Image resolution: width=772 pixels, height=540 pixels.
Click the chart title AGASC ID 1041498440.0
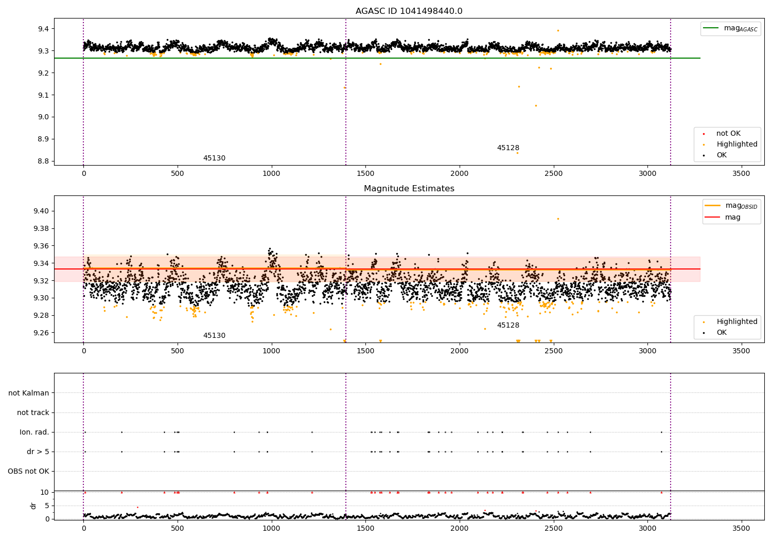(x=409, y=11)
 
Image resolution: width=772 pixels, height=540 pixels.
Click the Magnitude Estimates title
(x=409, y=189)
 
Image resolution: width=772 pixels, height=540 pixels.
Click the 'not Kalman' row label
(x=29, y=393)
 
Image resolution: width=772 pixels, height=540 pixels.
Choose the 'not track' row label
(x=33, y=413)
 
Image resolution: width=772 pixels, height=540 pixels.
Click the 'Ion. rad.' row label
(x=34, y=433)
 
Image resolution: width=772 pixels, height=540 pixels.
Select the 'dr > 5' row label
(x=38, y=452)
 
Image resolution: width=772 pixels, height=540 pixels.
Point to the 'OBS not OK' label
(x=28, y=472)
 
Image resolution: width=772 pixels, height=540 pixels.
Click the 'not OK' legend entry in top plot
(x=728, y=134)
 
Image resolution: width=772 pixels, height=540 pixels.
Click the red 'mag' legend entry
(x=732, y=218)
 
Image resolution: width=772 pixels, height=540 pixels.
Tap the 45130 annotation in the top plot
(x=214, y=158)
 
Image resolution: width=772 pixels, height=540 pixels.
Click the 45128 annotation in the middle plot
(x=508, y=326)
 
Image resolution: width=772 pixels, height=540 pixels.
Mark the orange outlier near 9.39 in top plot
(x=558, y=30)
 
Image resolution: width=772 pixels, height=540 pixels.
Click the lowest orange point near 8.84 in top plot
(x=517, y=153)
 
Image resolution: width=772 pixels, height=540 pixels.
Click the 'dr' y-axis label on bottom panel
(x=33, y=506)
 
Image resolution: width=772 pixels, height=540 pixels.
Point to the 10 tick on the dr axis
(x=44, y=492)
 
